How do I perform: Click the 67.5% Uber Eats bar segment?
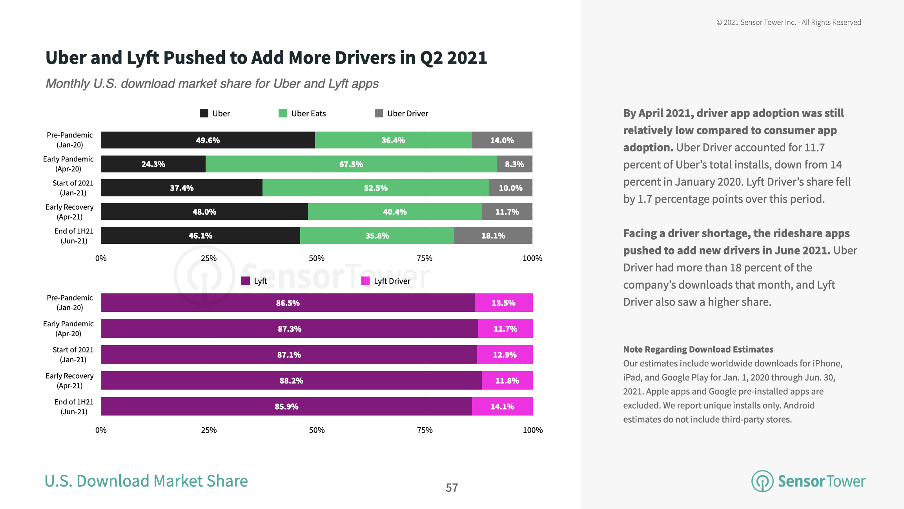[351, 164]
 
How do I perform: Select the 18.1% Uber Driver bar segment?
[493, 236]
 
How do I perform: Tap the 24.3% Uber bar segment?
[153, 164]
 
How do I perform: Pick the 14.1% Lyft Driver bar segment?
[502, 406]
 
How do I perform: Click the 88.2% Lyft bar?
[291, 381]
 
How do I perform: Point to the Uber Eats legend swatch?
[282, 114]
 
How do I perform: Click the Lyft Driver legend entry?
[386, 281]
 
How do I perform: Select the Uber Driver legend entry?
[401, 114]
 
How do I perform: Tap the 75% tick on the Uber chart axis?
[425, 258]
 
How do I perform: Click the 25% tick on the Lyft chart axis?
[209, 430]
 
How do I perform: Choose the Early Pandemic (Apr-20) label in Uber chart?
[68, 164]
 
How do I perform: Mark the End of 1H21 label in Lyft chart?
[74, 406]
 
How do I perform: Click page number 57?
[452, 488]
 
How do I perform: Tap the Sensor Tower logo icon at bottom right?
[762, 481]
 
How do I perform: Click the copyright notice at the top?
[789, 22]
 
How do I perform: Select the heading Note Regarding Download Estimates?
[698, 350]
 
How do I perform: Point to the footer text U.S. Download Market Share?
[146, 481]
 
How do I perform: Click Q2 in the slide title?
[431, 58]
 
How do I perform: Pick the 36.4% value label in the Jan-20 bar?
[393, 140]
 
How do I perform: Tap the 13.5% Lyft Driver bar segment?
[503, 303]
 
